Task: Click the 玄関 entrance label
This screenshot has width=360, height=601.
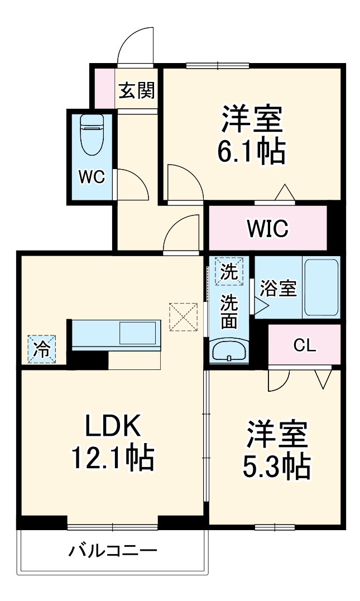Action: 137,90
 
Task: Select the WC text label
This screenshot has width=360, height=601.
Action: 92,177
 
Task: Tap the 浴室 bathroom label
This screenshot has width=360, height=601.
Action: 278,289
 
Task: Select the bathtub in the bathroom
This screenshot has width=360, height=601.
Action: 321,287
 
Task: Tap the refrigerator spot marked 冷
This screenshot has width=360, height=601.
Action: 42,349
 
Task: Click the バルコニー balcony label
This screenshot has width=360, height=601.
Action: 113,551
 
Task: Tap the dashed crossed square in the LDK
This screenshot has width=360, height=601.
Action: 184,316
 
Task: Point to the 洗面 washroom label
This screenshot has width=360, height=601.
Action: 229,311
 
